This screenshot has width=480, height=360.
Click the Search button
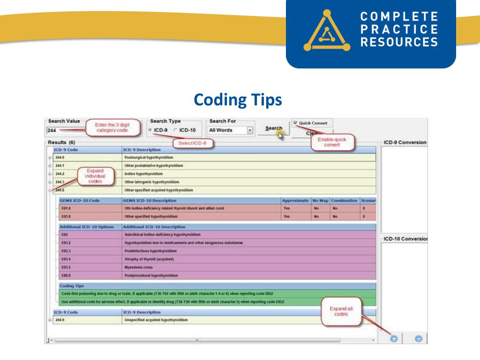pos(273,128)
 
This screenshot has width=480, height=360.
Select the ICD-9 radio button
pos(150,130)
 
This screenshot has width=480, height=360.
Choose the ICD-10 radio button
pos(176,130)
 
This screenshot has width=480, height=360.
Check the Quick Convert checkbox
pos(295,123)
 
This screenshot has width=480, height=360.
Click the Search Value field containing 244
pos(63,130)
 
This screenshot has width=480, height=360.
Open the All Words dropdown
pos(250,130)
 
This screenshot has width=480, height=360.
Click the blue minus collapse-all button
pos(419,338)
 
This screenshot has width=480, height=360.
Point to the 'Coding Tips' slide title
pos(238,99)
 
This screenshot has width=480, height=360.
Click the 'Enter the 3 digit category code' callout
pos(112,127)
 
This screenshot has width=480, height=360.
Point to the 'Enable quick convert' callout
pos(332,142)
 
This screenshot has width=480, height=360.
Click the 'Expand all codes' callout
pos(341,311)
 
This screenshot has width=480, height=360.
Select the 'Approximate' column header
pos(296,201)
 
